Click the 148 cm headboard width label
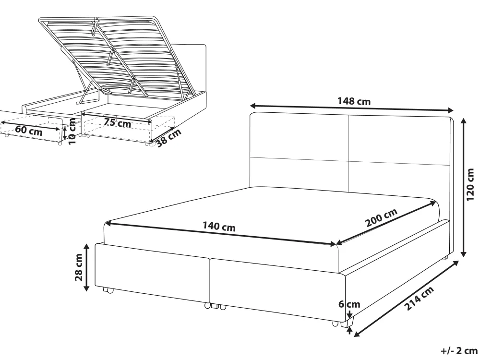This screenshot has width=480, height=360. (354, 101)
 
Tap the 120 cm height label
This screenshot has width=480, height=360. (470, 185)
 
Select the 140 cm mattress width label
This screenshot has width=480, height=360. (219, 227)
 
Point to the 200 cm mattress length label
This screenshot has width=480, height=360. (382, 217)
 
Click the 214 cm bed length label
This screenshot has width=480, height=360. (419, 299)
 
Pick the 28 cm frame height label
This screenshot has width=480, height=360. (79, 267)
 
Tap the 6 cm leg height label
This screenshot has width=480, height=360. (349, 304)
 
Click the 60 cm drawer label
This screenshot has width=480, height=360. (29, 131)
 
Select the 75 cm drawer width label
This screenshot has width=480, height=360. (117, 123)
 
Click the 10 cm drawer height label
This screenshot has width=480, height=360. (72, 132)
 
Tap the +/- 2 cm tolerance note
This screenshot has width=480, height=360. (459, 350)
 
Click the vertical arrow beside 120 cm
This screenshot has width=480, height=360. (464, 188)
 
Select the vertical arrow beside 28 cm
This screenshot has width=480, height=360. (86, 267)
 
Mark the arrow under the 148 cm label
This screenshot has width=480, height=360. (351, 108)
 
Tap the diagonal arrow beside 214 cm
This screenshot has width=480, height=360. (406, 299)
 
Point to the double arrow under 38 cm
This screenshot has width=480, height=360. (164, 136)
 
